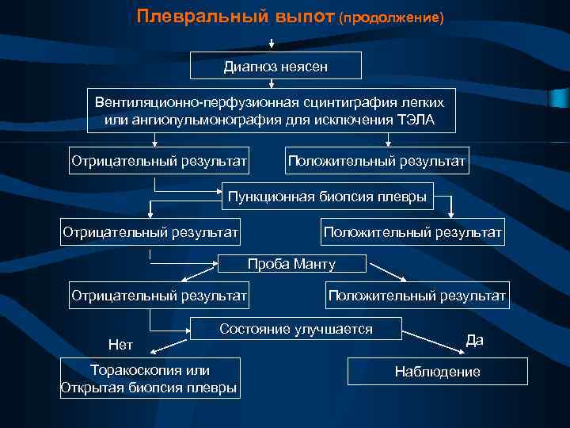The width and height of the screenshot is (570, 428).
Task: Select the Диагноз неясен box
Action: click(276, 65)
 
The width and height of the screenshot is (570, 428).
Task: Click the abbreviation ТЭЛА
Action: click(415, 120)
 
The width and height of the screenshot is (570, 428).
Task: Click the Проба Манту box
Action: click(291, 263)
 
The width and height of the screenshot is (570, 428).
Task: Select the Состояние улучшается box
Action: click(296, 329)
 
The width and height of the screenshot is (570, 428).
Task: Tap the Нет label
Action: click(120, 344)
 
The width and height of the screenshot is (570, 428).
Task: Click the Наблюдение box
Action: click(438, 371)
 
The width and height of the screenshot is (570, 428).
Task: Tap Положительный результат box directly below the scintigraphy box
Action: click(378, 161)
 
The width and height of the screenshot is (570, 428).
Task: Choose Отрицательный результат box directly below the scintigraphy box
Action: click(159, 161)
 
